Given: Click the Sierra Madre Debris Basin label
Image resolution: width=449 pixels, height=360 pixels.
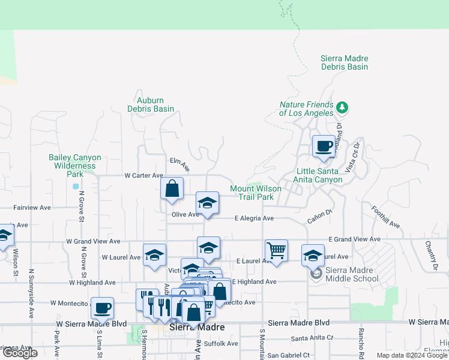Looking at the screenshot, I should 344,62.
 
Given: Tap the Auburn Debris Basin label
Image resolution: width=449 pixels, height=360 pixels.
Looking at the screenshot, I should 151,104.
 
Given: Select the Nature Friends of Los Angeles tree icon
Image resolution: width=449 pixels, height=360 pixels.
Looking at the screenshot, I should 342,108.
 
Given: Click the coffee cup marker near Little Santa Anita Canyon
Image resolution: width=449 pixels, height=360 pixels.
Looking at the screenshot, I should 324,146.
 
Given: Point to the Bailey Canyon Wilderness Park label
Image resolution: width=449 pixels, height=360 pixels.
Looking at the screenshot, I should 75,166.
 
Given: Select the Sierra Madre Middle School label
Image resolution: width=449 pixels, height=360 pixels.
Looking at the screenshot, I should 351,274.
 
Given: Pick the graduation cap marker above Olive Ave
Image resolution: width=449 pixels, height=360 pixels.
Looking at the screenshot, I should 207,202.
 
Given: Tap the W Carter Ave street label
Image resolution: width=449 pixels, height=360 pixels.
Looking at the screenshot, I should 143,176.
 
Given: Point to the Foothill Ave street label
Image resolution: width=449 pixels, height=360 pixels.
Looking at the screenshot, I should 385,218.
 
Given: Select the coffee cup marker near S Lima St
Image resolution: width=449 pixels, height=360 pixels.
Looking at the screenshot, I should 102,308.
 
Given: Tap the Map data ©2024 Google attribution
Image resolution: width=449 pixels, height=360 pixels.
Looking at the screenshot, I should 412,355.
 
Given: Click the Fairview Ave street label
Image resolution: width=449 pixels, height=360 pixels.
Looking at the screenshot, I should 32,208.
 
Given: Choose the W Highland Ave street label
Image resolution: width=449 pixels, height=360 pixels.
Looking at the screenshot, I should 92,282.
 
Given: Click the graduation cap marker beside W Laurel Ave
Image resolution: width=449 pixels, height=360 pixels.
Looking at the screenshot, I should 154,254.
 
